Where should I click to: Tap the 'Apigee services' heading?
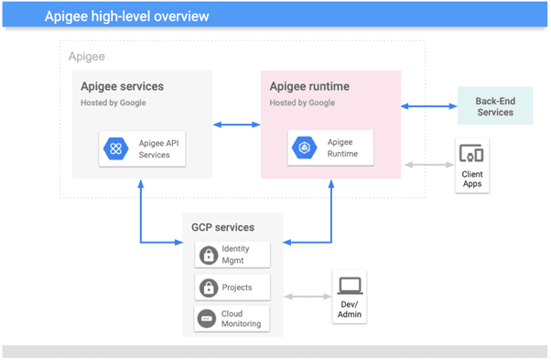(122, 87)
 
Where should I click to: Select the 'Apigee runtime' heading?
(309, 87)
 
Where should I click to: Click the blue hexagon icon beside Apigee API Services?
(116, 148)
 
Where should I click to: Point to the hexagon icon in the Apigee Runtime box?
(304, 148)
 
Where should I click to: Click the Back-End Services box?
(494, 106)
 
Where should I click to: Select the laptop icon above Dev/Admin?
(350, 286)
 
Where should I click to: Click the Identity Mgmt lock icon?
(208, 255)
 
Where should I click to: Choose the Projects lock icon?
(208, 288)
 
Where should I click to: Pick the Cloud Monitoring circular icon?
(208, 319)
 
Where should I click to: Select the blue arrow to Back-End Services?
(429, 106)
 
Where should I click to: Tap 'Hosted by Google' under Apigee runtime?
(301, 104)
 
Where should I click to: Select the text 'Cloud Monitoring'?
(241, 319)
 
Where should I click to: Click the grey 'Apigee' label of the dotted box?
(87, 57)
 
